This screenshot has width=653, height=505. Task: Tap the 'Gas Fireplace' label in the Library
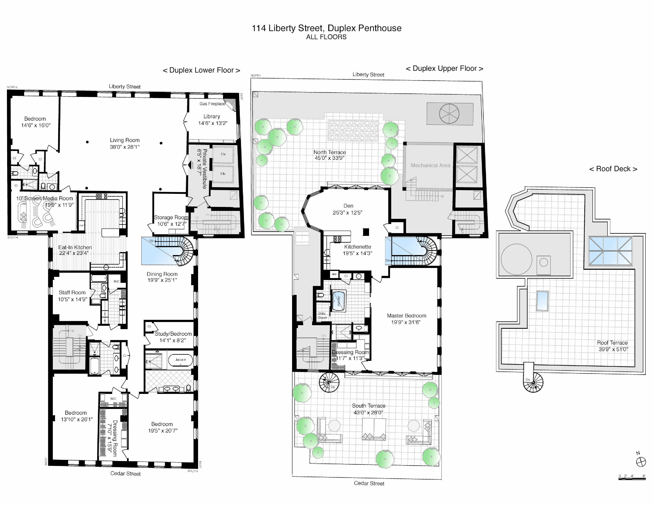tap(212, 104)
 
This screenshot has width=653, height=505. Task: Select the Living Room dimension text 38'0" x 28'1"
tap(124, 147)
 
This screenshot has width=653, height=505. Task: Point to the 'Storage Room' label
tap(171, 217)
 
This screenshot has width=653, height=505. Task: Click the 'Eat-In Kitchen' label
tap(75, 247)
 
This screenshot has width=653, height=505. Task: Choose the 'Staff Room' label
tap(72, 293)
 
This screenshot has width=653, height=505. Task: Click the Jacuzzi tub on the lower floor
tap(180, 360)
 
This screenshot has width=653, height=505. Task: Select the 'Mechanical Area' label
tap(430, 165)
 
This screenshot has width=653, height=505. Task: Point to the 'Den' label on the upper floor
tap(348, 206)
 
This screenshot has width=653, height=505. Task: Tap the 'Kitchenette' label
tap(357, 247)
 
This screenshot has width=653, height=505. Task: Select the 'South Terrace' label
tap(368, 406)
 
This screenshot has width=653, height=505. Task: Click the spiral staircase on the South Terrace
tap(329, 382)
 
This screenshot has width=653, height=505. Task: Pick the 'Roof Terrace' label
tap(612, 343)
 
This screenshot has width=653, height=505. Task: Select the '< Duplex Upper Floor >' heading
tap(444, 69)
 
